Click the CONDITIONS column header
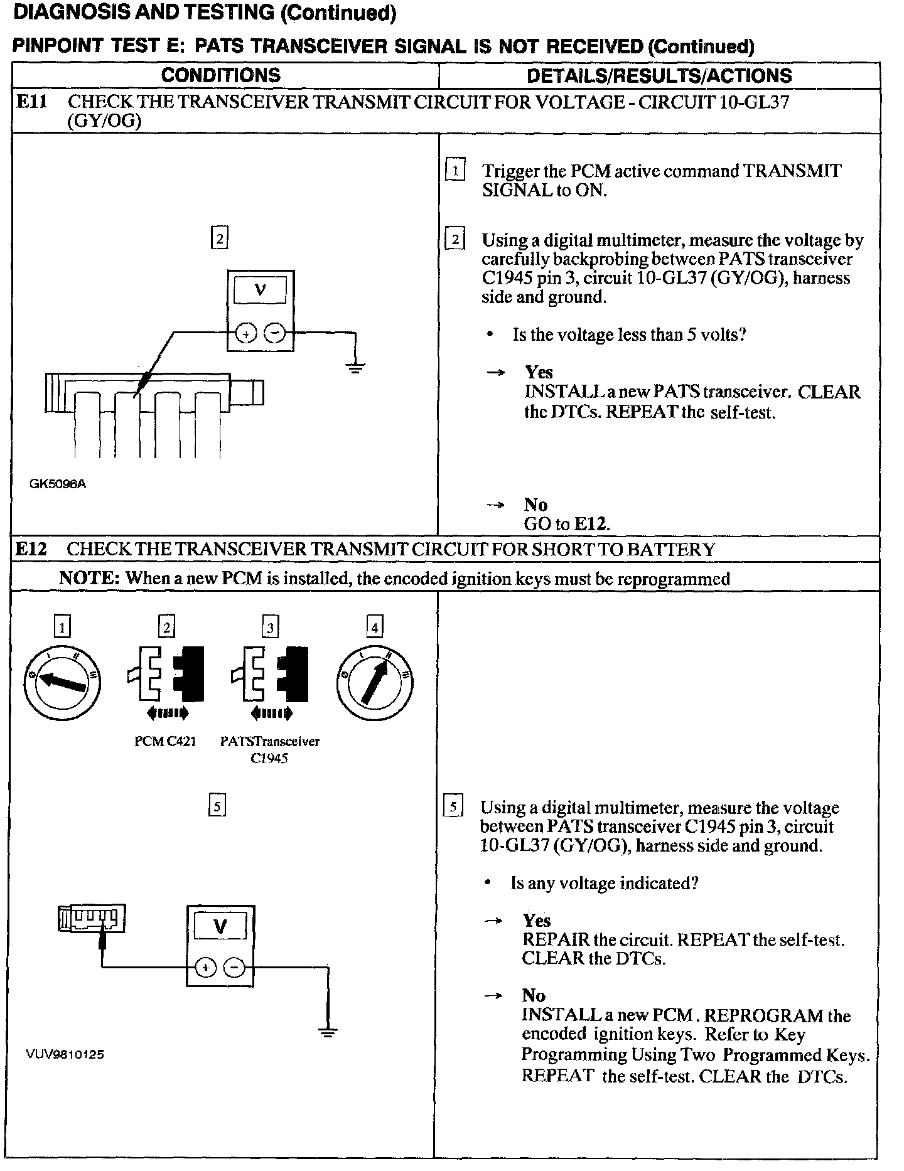[221, 75]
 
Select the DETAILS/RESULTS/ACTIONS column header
[659, 76]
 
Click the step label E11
[31, 102]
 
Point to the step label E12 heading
[31, 549]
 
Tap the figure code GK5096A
[57, 484]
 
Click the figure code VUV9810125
[65, 1054]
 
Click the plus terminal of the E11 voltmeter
[245, 334]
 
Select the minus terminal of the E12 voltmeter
[235, 968]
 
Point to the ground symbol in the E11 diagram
[356, 367]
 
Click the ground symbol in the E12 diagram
[327, 1031]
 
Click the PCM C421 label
[165, 741]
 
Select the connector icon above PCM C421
[167, 674]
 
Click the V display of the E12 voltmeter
[220, 927]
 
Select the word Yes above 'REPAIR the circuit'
[536, 921]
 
